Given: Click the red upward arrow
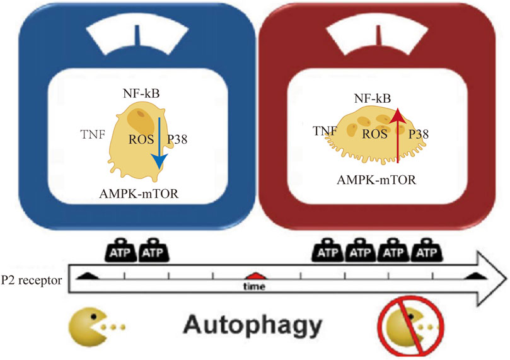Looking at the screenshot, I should (x=397, y=136).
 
